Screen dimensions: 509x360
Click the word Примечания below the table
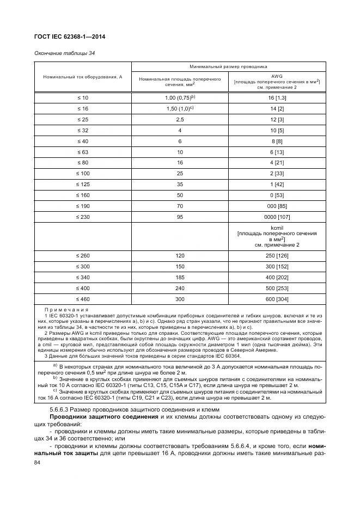(62, 309)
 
